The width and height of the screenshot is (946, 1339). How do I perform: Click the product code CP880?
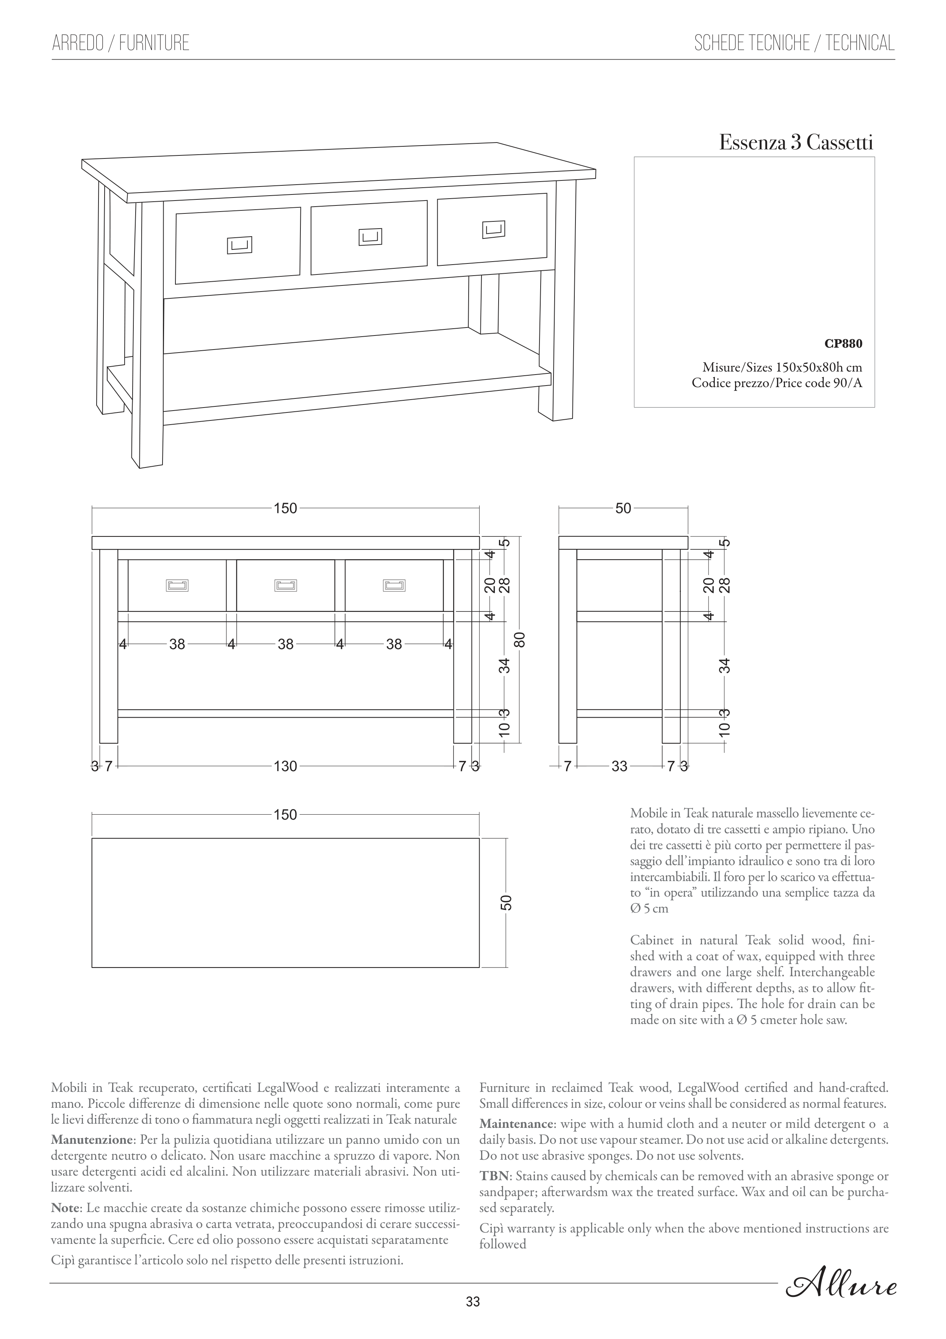point(843,343)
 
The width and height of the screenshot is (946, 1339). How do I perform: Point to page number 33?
point(473,1317)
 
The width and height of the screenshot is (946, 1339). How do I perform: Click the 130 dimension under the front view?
point(286,766)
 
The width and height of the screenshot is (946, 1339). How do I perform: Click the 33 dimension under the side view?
point(619,766)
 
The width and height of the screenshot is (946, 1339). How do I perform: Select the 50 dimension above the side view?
point(623,508)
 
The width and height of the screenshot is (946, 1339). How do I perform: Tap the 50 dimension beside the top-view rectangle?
point(506,902)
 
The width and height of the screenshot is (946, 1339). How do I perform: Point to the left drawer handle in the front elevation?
point(177,585)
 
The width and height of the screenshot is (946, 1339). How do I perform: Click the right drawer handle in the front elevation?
point(394,585)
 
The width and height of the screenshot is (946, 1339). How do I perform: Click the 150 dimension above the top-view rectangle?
point(286,815)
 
